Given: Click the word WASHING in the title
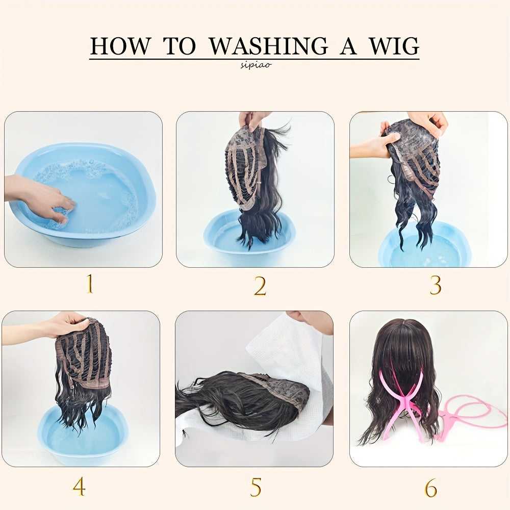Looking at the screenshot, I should point(269,46).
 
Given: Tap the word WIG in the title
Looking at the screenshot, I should point(393,46).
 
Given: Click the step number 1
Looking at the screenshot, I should point(89,285).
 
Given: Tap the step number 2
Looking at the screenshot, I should point(260,287).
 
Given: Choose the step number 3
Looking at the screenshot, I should point(435,286).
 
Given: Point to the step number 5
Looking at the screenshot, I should point(256,487).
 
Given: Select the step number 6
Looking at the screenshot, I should point(431,488).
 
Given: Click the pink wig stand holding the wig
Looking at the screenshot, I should point(403,403).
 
